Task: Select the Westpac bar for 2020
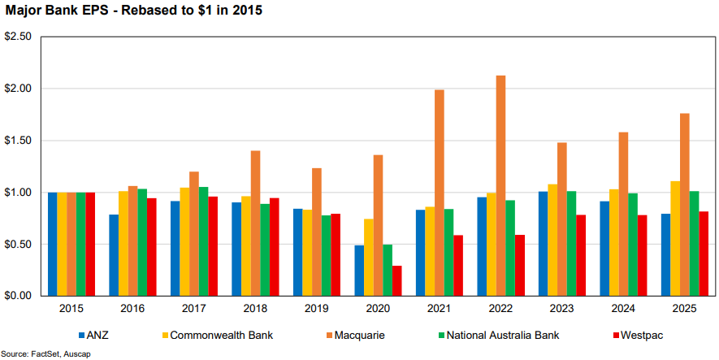point(396,280)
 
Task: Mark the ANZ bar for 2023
point(543,244)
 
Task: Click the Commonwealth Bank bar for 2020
point(369,257)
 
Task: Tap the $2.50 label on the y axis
point(18,37)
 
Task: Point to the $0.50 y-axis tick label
point(18,245)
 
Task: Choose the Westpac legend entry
point(633,335)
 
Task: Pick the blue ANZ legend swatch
point(82,335)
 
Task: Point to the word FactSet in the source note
point(42,354)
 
